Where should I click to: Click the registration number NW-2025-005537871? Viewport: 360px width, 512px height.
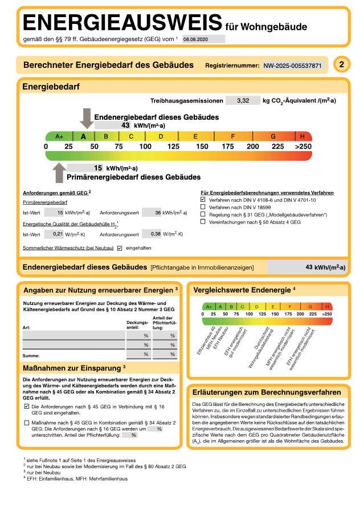click(292, 66)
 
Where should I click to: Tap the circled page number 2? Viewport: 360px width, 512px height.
click(341, 65)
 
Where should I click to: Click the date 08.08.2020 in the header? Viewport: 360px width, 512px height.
click(195, 39)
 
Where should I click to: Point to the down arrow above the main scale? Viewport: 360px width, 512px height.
click(87, 117)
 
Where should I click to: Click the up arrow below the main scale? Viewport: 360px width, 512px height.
click(59, 173)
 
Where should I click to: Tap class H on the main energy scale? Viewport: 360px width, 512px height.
click(302, 136)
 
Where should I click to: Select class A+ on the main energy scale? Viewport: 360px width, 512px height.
click(59, 136)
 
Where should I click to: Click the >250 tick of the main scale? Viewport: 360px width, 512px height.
click(303, 147)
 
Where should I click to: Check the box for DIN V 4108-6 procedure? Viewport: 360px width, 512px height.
click(203, 200)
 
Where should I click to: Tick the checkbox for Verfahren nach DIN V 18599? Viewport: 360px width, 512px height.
click(203, 208)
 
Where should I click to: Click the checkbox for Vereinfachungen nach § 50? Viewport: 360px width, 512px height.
click(203, 222)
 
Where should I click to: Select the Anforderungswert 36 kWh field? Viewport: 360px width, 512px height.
click(151, 213)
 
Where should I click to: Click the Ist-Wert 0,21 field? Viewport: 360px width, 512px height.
click(54, 234)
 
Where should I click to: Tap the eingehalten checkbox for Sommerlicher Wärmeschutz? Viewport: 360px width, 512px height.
click(120, 248)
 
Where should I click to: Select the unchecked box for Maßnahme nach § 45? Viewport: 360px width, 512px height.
click(27, 422)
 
